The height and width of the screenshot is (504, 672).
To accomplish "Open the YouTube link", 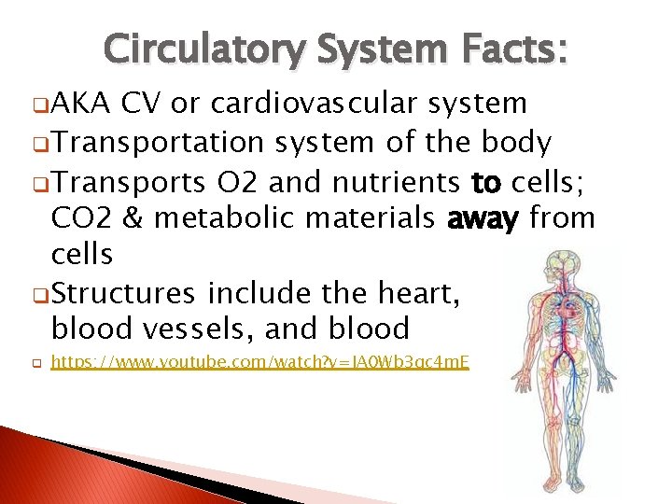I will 260,361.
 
